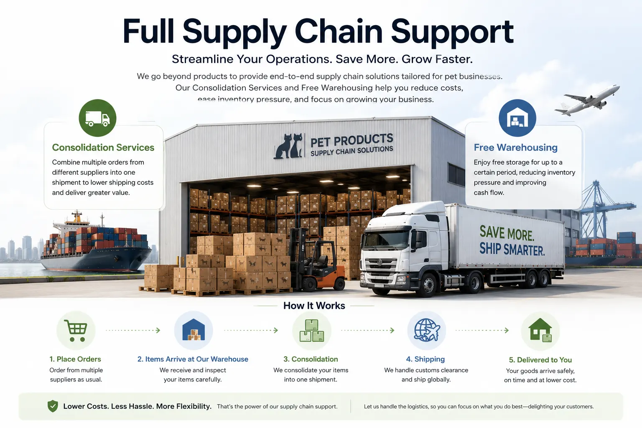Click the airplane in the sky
588,100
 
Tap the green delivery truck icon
97,118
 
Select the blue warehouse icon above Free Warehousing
517,118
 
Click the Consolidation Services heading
103,148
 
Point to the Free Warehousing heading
516,148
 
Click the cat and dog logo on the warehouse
288,146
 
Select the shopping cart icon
76,331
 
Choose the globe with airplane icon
427,330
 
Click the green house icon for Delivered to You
540,330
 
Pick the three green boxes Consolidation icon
312,331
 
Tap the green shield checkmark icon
53,406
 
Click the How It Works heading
314,306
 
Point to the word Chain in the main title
338,31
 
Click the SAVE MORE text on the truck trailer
507,234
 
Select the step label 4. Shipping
425,359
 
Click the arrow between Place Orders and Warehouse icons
133,330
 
